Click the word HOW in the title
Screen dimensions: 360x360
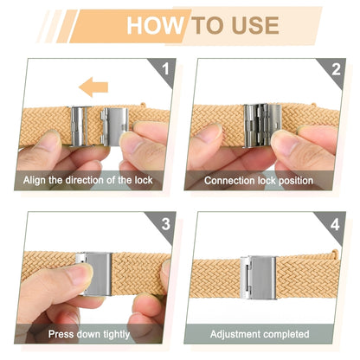click(x=155, y=25)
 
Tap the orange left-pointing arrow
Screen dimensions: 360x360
click(x=93, y=87)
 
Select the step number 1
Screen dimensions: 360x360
click(x=165, y=69)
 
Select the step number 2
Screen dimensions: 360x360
click(x=336, y=69)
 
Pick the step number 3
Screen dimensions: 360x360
click(x=166, y=224)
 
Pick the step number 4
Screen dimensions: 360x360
click(x=335, y=224)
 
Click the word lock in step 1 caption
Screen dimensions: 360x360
click(x=144, y=180)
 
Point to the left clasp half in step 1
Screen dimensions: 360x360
click(x=80, y=126)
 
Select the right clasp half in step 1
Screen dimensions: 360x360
click(x=114, y=126)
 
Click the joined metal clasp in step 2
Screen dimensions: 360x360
click(x=262, y=125)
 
